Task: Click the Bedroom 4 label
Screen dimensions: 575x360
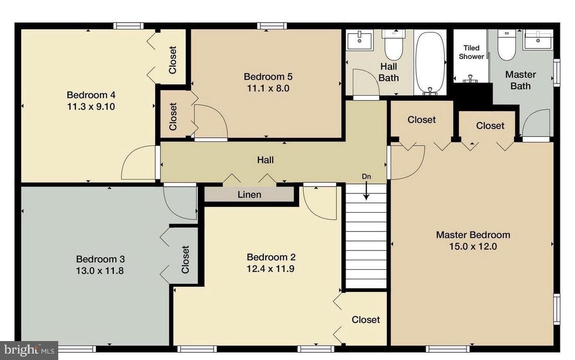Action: [x=91, y=95]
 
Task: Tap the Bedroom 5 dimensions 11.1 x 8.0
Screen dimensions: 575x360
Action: [x=268, y=89]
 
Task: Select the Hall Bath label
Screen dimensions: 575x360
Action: [x=389, y=72]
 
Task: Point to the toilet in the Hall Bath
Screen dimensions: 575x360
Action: [x=393, y=45]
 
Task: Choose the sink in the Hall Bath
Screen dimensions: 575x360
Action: [x=360, y=40]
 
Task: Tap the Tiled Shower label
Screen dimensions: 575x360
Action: [x=471, y=52]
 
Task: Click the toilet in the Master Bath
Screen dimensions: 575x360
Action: [x=507, y=45]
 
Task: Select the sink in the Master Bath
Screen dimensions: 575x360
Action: [x=538, y=39]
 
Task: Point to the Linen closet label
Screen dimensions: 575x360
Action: [x=249, y=195]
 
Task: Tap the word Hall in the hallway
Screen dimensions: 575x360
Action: [x=265, y=160]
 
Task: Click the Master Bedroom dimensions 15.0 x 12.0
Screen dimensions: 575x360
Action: [x=473, y=247]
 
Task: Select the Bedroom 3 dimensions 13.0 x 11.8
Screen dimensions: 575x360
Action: [x=100, y=271]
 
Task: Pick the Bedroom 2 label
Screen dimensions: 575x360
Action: [x=271, y=257]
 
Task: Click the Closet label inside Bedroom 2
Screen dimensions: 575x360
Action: [x=366, y=320]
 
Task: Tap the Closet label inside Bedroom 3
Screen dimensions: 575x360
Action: [x=185, y=259]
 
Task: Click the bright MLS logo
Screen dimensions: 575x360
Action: [x=29, y=350]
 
